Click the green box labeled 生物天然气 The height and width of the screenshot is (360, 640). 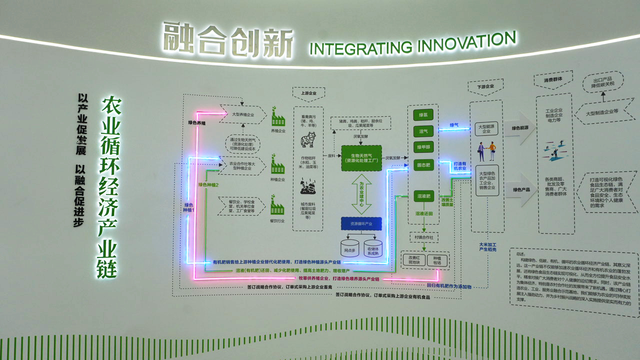[361, 158]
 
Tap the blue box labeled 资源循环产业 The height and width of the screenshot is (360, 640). [361, 223]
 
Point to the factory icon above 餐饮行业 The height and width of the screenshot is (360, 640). [277, 206]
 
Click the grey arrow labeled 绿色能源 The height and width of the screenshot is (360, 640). [520, 128]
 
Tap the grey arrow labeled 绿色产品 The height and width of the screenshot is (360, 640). [520, 189]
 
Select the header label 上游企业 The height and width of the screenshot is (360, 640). [308, 93]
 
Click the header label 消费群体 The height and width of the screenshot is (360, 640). [553, 79]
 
